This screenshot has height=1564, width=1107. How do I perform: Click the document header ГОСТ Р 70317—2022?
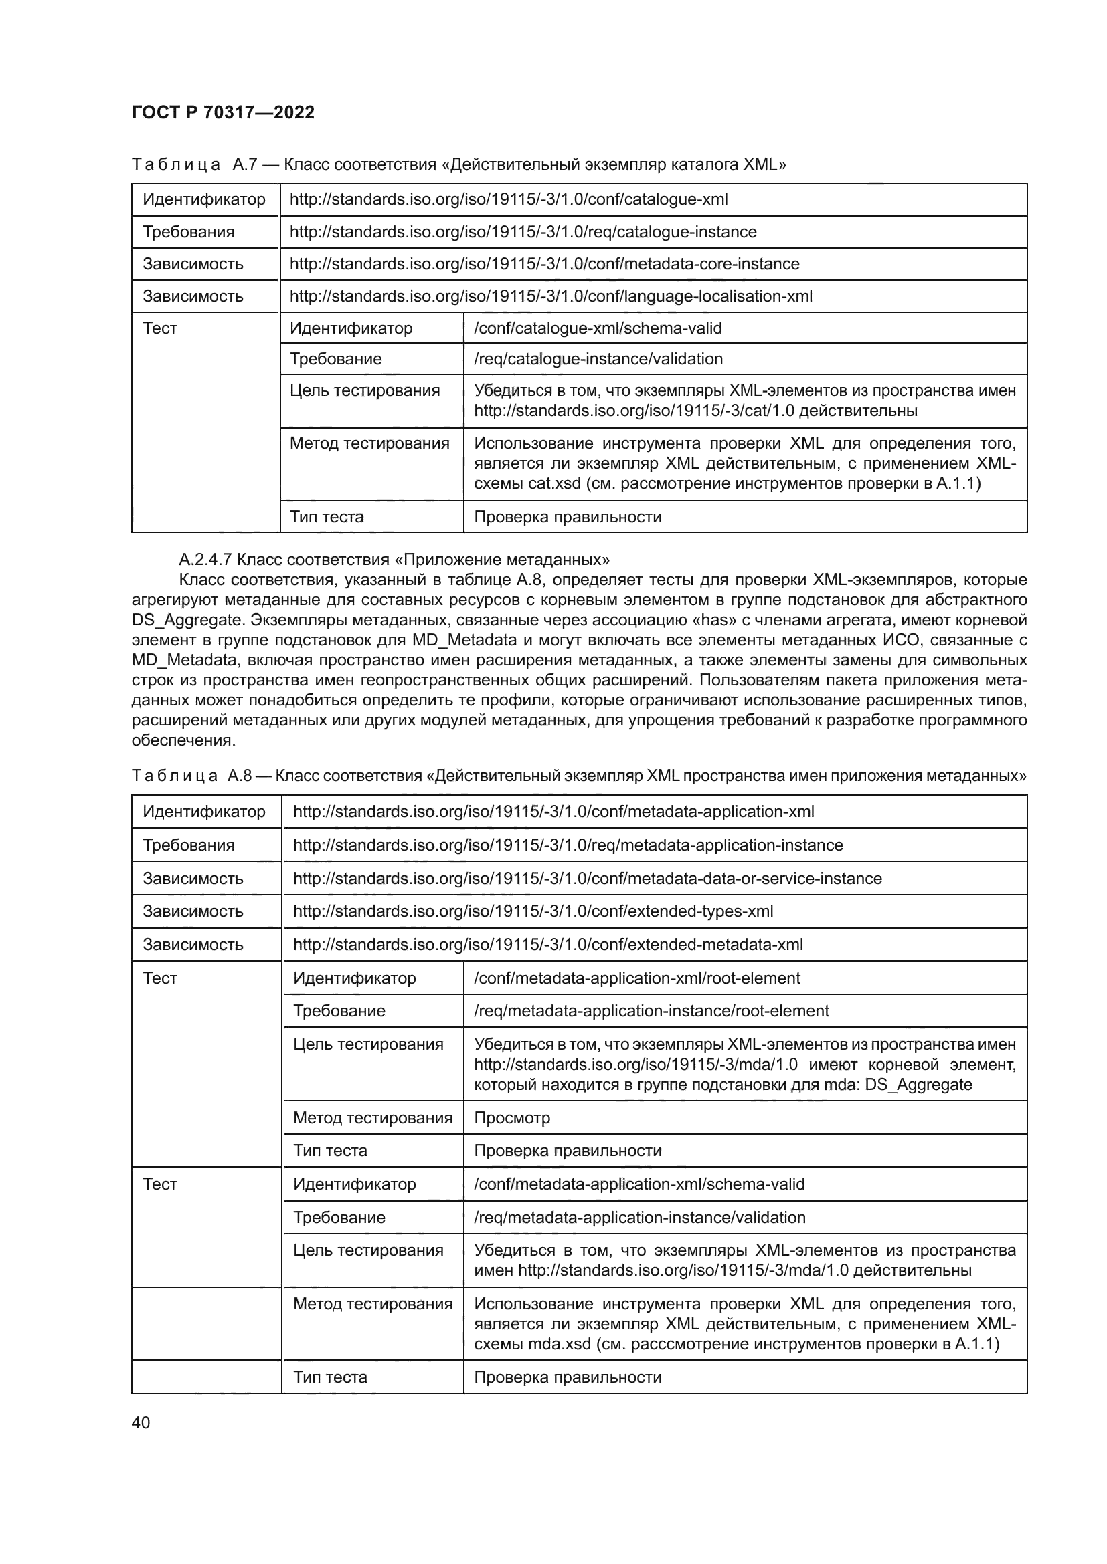[223, 112]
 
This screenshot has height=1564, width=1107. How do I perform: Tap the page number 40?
[141, 1422]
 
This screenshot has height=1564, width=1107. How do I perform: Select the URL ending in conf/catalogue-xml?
[509, 199]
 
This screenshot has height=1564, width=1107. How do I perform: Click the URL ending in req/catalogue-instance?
[523, 231]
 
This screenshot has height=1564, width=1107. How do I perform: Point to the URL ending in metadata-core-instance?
[545, 263]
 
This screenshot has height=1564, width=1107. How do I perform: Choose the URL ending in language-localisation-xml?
[551, 296]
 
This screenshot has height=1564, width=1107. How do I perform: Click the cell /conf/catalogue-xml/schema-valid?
[598, 328]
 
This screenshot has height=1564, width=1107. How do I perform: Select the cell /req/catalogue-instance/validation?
[598, 358]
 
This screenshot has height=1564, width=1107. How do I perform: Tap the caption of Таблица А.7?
[458, 164]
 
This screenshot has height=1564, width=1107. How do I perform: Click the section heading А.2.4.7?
[394, 560]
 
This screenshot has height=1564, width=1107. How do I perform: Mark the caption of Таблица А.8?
[579, 775]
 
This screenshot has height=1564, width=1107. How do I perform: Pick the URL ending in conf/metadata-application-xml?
[553, 811]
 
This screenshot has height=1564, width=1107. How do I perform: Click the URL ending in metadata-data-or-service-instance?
[588, 878]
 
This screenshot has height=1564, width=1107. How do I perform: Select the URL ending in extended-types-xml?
[533, 911]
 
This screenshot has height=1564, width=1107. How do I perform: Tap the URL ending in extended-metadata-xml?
[548, 944]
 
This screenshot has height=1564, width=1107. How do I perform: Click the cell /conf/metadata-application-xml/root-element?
[636, 978]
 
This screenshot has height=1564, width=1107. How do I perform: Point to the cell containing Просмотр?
[512, 1117]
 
